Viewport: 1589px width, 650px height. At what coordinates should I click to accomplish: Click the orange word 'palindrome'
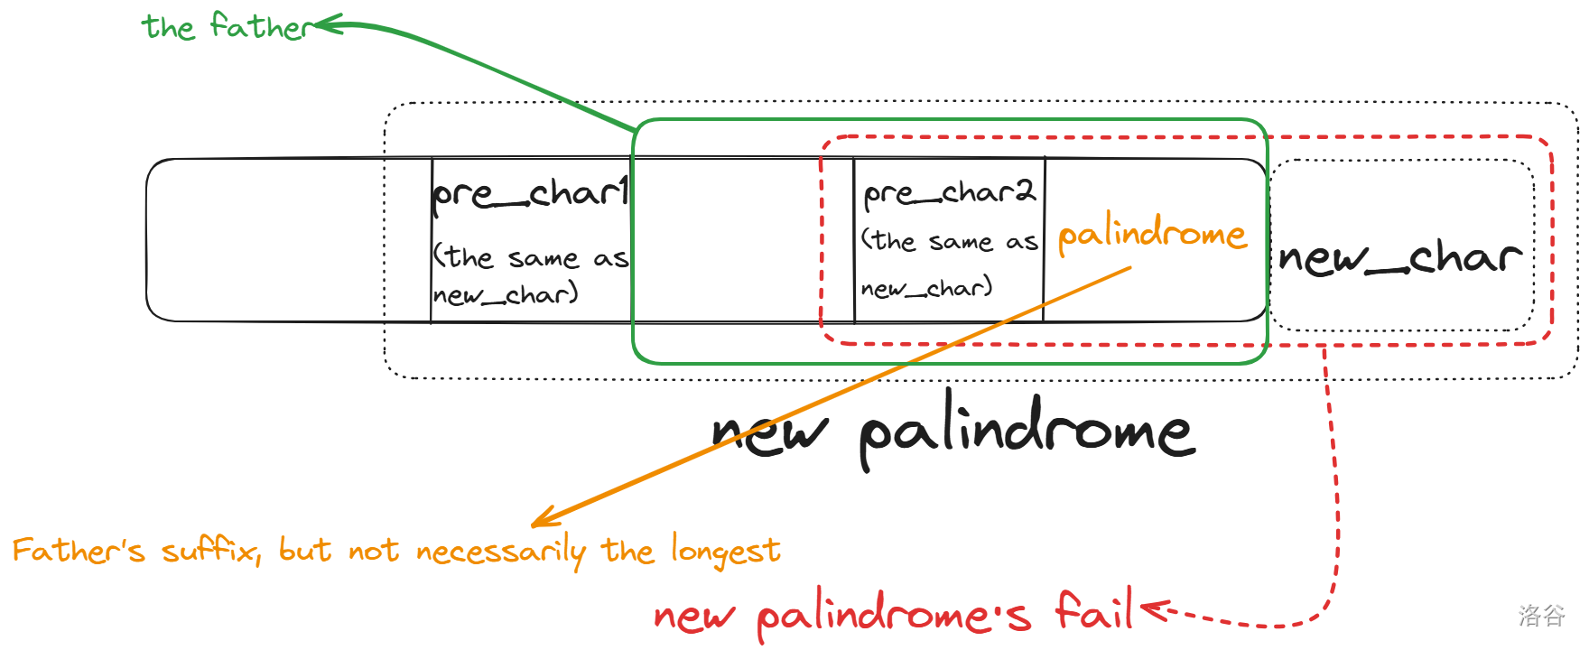1152,235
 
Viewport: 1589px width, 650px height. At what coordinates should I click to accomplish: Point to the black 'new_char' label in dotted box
1400,258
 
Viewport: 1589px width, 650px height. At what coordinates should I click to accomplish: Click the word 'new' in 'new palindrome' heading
769,432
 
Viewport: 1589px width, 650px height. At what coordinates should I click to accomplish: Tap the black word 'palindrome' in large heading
1027,431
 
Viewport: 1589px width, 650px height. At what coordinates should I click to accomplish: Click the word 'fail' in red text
1094,611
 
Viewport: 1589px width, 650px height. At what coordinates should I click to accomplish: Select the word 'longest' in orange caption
726,551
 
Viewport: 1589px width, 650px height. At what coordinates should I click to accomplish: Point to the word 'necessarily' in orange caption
501,551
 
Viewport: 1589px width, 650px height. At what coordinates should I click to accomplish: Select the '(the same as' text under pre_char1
530,258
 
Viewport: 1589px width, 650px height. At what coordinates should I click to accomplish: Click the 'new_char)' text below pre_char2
927,288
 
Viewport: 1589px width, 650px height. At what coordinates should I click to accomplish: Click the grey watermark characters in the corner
1541,616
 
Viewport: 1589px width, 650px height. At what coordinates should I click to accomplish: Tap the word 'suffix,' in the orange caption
211,550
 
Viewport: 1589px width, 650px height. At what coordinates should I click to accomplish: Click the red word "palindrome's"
894,617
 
